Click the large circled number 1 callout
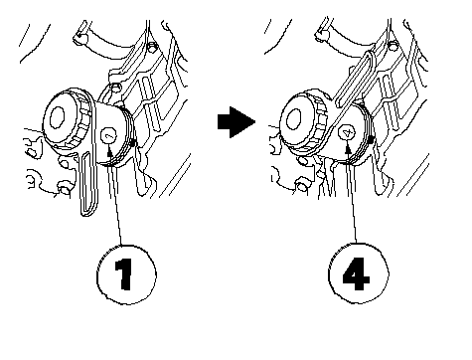[x=126, y=274]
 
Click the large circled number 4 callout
[x=359, y=272]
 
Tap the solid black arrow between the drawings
[x=236, y=122]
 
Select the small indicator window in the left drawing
[x=108, y=135]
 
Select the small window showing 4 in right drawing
[x=347, y=133]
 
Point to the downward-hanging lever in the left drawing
[x=88, y=183]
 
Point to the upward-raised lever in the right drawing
[x=354, y=79]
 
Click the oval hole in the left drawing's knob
[x=57, y=117]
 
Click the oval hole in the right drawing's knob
[x=293, y=118]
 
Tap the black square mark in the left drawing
[x=133, y=143]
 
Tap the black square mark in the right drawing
[x=372, y=140]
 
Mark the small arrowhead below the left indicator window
[x=109, y=152]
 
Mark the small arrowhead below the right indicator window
[x=348, y=149]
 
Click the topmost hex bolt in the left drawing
[x=152, y=48]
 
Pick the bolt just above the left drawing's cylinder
[x=115, y=88]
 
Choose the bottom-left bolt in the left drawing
[x=64, y=188]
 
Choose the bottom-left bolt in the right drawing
[x=301, y=187]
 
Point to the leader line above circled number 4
[x=352, y=198]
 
